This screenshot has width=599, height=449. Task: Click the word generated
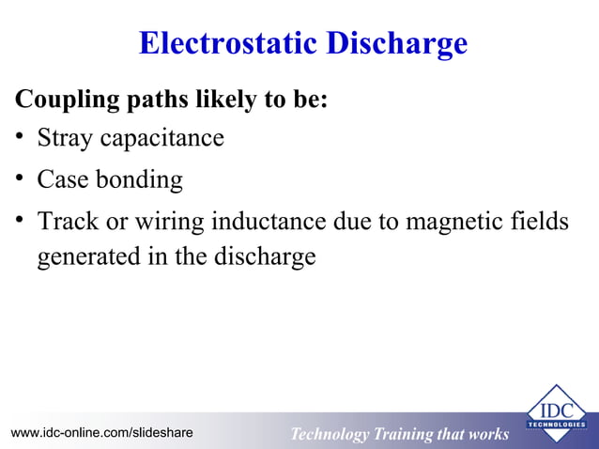point(84,257)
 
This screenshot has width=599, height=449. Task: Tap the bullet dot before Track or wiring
point(19,222)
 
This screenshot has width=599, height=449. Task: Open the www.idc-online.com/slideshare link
point(101,433)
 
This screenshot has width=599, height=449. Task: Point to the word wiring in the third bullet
point(171,222)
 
